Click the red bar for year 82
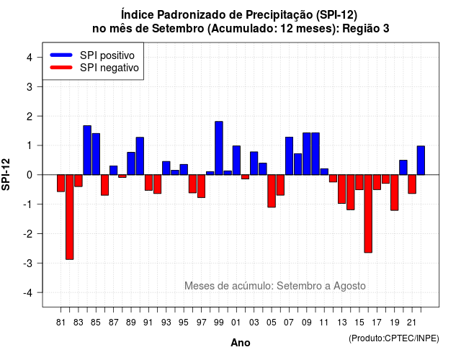[70, 217]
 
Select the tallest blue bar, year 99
[219, 148]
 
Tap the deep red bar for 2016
[368, 214]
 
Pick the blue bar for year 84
[87, 150]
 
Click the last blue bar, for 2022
[421, 161]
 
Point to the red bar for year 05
[272, 191]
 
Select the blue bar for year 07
[289, 156]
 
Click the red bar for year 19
[395, 192]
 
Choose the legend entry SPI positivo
[92, 55]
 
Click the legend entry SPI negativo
[94, 68]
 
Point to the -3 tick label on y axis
[28, 263]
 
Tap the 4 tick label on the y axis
[30, 58]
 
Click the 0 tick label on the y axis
[30, 175]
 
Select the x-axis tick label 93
[166, 323]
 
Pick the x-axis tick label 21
[411, 323]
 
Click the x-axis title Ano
[241, 343]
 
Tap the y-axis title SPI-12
[6, 174]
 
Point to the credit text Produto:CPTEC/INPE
[394, 338]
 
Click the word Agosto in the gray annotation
[349, 286]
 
